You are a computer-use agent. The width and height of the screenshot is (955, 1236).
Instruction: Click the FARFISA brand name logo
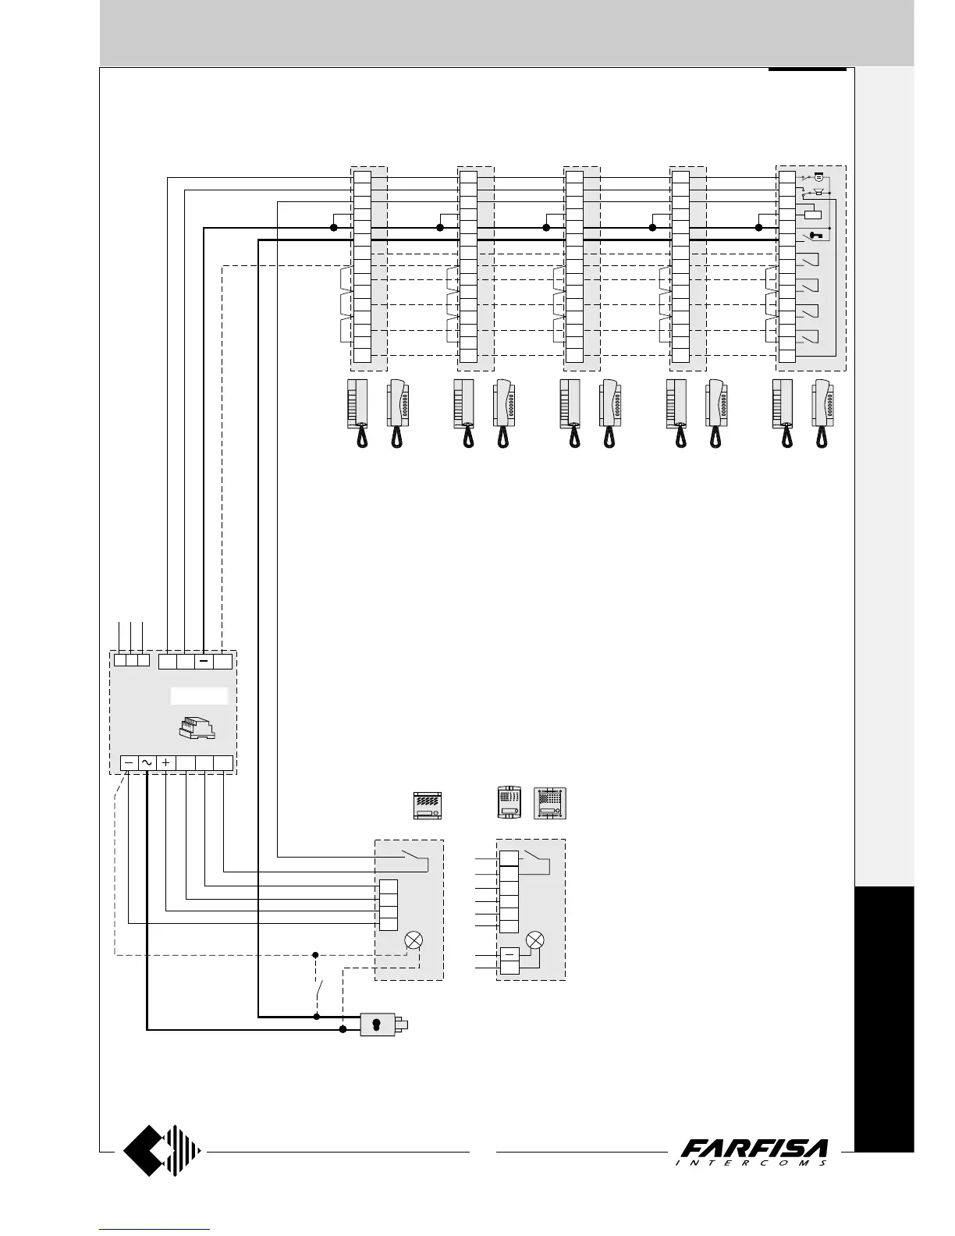coord(754,1149)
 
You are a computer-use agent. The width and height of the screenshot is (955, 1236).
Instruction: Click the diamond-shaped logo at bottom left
coord(162,1150)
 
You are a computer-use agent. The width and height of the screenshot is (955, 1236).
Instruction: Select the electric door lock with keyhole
coord(379,1025)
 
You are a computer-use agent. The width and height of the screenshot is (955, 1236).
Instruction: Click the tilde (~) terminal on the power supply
coord(147,764)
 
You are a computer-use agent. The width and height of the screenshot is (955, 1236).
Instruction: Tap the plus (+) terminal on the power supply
coord(165,764)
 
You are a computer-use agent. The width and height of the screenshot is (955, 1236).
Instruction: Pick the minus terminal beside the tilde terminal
coord(129,764)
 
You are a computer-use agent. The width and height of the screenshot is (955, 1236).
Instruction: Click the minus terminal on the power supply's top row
coord(204,661)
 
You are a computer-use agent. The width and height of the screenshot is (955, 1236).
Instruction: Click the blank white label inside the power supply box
coord(199,695)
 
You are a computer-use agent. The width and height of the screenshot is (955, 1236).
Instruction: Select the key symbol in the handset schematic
coord(815,235)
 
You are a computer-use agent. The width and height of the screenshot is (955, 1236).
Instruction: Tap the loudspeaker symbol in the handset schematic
coord(819,192)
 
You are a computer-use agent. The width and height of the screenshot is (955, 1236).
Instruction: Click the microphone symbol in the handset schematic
coord(819,178)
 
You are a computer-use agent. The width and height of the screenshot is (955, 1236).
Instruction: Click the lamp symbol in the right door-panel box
coord(535,940)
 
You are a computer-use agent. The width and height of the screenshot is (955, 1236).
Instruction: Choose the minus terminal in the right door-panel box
coord(509,954)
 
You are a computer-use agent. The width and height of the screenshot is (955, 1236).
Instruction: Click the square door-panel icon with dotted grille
coord(551,804)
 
